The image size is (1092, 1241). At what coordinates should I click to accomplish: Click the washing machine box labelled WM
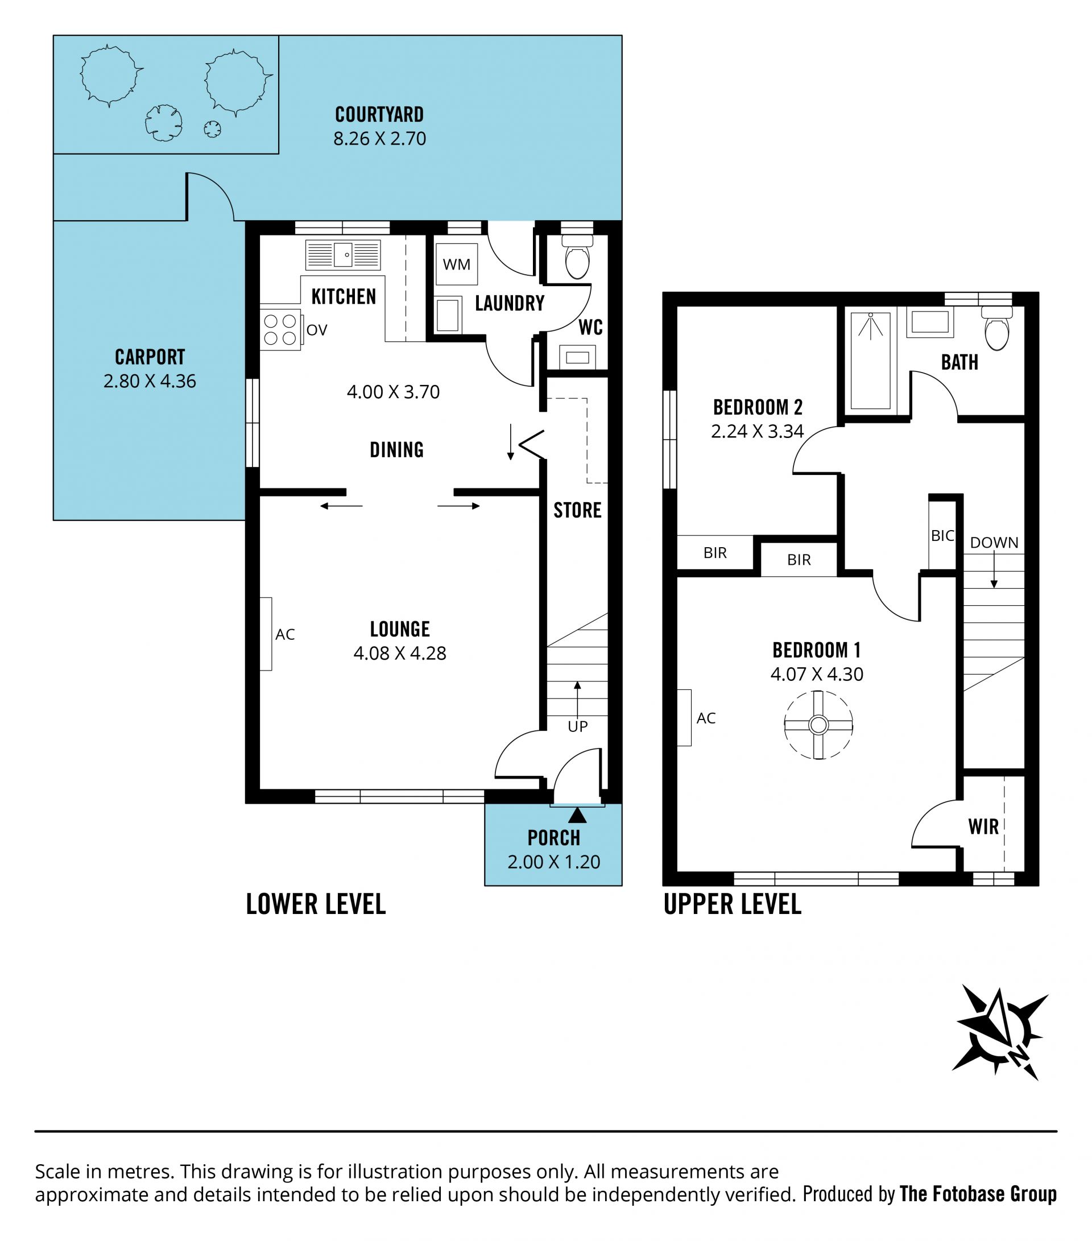[x=457, y=264]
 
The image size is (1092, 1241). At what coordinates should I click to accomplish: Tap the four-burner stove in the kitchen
[x=280, y=330]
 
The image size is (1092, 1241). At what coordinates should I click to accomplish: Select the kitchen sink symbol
[x=343, y=254]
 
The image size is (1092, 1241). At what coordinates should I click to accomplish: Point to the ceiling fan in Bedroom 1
[x=818, y=725]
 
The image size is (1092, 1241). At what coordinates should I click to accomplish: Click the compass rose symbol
[x=1001, y=1033]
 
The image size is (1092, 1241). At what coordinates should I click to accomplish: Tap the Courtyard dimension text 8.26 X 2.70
[x=379, y=139]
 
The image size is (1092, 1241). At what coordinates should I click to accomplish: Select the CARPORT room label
[x=150, y=357]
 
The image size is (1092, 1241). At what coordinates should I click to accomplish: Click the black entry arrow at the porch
[x=577, y=815]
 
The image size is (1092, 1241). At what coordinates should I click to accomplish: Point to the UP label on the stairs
[x=577, y=727]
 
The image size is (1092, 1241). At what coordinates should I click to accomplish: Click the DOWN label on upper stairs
[x=994, y=543]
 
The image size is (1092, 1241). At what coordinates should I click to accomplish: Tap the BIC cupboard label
[x=942, y=536]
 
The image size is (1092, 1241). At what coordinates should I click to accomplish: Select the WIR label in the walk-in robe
[x=983, y=827]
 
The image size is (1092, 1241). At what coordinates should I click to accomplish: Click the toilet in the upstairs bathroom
[x=996, y=329]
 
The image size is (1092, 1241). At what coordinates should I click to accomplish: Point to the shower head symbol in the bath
[x=870, y=325]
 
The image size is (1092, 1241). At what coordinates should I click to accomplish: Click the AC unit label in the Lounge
[x=285, y=635]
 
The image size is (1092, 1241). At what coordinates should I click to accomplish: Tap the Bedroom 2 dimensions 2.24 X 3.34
[x=758, y=431]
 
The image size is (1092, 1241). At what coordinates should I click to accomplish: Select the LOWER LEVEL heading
[x=316, y=904]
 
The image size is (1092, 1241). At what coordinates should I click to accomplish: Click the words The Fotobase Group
[x=978, y=1194]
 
